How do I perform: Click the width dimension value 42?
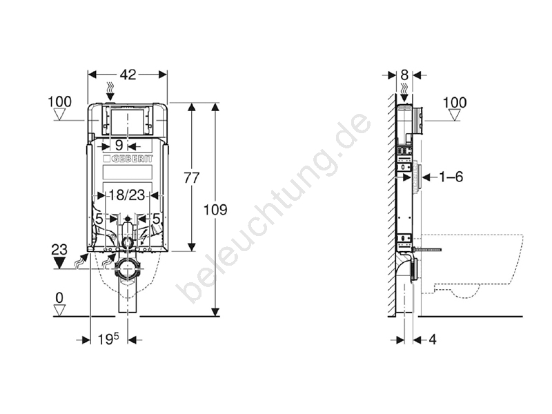[x=128, y=75]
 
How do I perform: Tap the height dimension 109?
[x=215, y=210]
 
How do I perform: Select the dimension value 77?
[x=192, y=178]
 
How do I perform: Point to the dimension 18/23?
[x=126, y=195]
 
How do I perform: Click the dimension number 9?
[x=119, y=145]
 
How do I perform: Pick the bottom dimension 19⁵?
[x=108, y=339]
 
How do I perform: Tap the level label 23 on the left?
[x=59, y=250]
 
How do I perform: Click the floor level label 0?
[x=59, y=298]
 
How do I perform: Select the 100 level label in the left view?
[x=59, y=101]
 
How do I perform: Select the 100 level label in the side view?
[x=455, y=102]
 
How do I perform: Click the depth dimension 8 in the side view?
[x=404, y=75]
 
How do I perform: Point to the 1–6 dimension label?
[x=451, y=177]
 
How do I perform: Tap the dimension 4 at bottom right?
[x=433, y=339]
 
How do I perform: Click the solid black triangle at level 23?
[x=59, y=263]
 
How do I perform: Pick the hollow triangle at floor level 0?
[x=59, y=310]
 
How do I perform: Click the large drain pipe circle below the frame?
[x=127, y=269]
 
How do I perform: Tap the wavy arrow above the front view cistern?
[x=110, y=90]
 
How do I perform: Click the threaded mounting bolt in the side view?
[x=427, y=250]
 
